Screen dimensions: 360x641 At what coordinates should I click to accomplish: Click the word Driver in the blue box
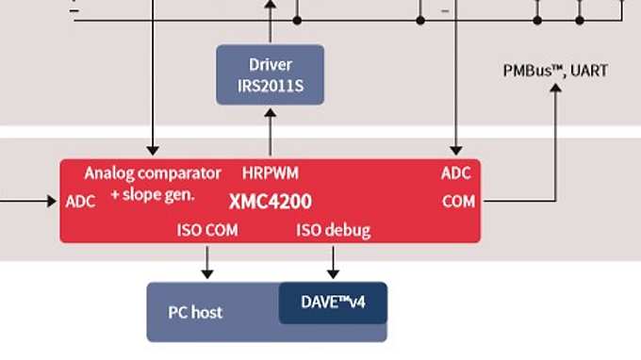point(271,65)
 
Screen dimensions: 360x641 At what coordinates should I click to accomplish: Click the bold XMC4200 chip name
point(271,201)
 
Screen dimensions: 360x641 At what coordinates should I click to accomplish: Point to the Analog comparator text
point(153,173)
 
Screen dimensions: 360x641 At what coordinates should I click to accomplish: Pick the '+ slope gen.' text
point(152,194)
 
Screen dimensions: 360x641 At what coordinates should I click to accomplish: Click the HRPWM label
point(271,173)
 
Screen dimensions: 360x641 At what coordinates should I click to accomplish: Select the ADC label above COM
point(456,173)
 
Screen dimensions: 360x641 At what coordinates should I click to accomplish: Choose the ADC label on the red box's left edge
point(81,201)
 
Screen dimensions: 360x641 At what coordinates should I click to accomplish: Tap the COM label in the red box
point(458,201)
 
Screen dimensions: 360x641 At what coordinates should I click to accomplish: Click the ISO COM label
point(207,230)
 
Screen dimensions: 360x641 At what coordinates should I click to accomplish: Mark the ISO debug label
point(333,230)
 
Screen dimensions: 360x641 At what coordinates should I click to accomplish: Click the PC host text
point(195,312)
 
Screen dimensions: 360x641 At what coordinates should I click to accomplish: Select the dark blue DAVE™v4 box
point(333,303)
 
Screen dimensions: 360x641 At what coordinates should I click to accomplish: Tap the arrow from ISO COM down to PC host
point(207,260)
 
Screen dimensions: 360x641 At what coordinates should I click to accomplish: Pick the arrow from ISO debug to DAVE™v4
point(333,260)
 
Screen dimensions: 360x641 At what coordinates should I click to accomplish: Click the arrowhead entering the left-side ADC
point(53,201)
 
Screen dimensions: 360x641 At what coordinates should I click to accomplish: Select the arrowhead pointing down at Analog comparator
point(152,150)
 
